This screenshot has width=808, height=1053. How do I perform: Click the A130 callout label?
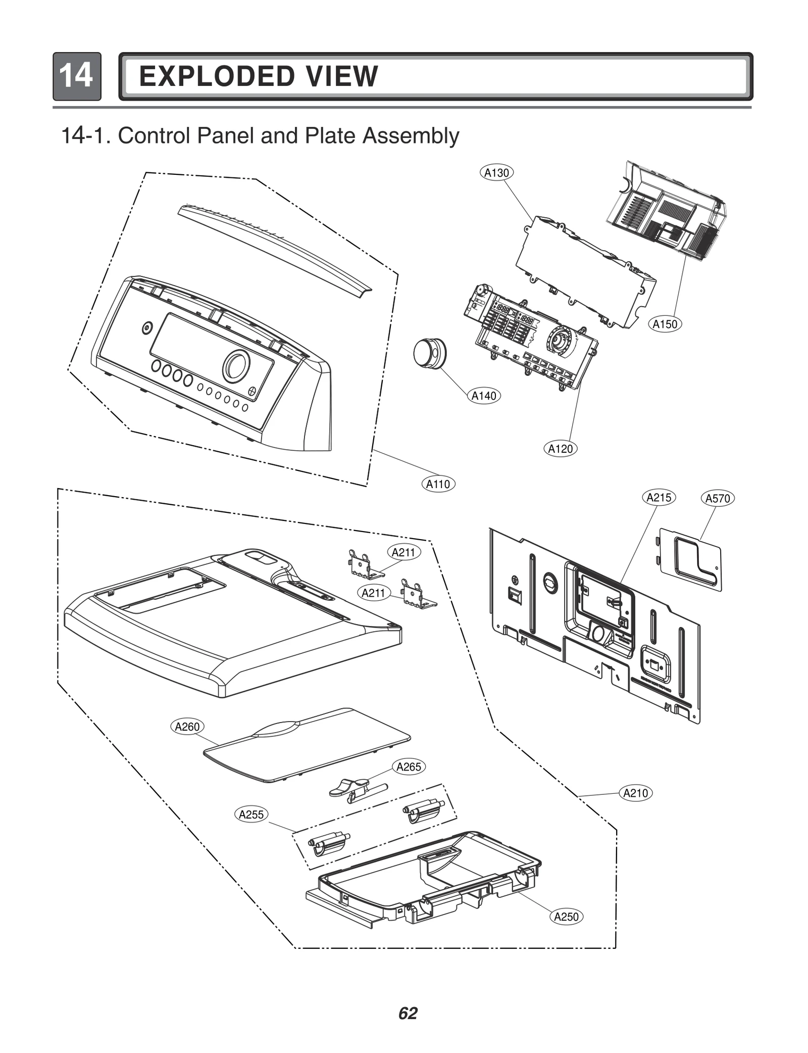coord(496,173)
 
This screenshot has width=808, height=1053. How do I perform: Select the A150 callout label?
coord(665,324)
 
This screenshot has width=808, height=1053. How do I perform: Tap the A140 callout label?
coord(484,396)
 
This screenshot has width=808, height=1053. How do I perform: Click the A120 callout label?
coord(561,449)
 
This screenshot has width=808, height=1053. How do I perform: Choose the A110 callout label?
coord(438,484)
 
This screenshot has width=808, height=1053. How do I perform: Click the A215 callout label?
coord(659,498)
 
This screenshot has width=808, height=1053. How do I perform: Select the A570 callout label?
coord(718,499)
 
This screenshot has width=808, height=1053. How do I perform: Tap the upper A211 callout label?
coord(403,552)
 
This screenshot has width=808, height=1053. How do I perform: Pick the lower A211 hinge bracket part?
coord(418,594)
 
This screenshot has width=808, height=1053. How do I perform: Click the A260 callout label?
coord(187,727)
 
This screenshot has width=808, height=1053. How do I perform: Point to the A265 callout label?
coord(409,767)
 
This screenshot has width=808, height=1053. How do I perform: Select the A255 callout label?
coord(251,815)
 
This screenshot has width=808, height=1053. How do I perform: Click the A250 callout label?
coord(566,917)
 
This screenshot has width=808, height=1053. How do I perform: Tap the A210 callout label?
coord(635,793)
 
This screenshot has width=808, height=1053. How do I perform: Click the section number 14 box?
coord(77,76)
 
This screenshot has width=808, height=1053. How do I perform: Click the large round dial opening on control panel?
coord(236,365)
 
